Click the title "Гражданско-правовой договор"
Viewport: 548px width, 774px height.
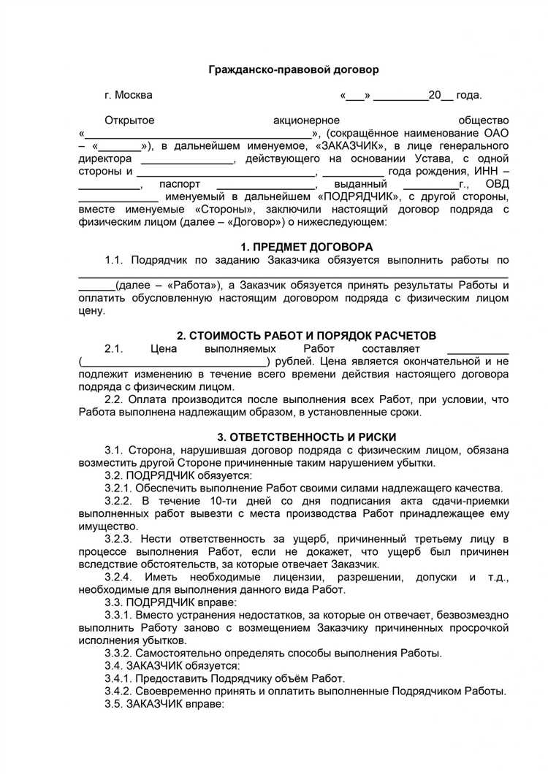[x=294, y=70]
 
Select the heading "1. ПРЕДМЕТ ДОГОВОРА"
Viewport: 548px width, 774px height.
[x=307, y=247]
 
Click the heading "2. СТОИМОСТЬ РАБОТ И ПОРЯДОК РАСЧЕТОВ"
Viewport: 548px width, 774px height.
[x=307, y=335]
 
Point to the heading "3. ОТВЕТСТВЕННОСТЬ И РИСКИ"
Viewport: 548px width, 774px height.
[x=307, y=437]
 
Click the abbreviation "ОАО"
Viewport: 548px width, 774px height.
[x=496, y=133]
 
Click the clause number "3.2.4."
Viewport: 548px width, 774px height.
[x=121, y=577]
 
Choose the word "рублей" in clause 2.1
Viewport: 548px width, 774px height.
[x=294, y=361]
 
